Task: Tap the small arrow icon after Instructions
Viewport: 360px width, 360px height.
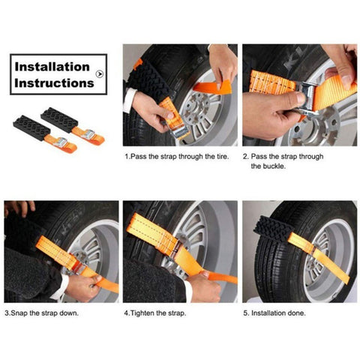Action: coord(102,76)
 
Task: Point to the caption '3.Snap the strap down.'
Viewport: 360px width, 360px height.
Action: coord(41,312)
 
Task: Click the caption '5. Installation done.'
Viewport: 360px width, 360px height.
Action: coord(274,312)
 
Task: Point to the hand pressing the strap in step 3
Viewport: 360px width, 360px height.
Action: coord(82,286)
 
